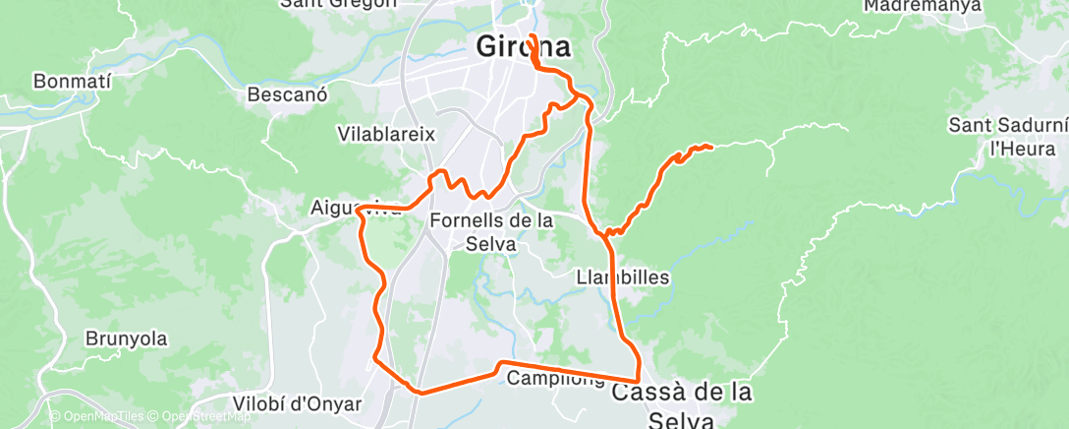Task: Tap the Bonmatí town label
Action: [x=70, y=81]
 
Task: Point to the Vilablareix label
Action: [x=385, y=134]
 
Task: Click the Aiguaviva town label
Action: [x=349, y=208]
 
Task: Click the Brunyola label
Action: [x=126, y=338]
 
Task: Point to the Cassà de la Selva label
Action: [x=682, y=403]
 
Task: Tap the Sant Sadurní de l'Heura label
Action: [x=1007, y=137]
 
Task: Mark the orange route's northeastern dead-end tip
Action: [x=709, y=148]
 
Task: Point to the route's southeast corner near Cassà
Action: [x=639, y=380]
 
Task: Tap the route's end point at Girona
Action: [x=531, y=36]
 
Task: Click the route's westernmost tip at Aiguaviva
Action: [x=359, y=208]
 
